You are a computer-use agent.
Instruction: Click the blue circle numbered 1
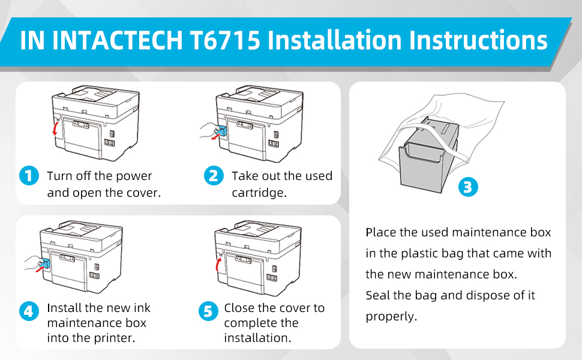click(28, 176)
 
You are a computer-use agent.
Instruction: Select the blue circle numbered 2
click(213, 176)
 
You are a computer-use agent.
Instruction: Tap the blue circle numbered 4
click(28, 311)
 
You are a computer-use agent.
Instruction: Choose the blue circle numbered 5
click(207, 311)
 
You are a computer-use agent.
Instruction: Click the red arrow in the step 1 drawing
click(55, 128)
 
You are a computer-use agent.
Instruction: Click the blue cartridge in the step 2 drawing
click(222, 132)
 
